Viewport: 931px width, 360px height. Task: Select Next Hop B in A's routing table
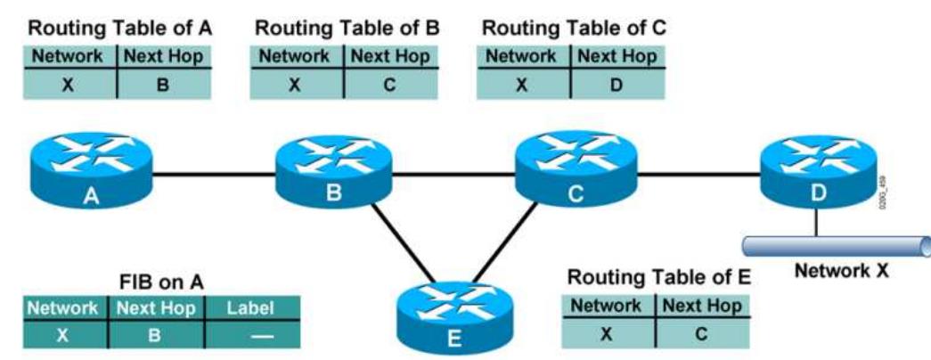coord(163,88)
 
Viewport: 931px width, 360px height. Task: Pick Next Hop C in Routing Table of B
coord(389,88)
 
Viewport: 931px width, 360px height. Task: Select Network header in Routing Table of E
coord(606,306)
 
